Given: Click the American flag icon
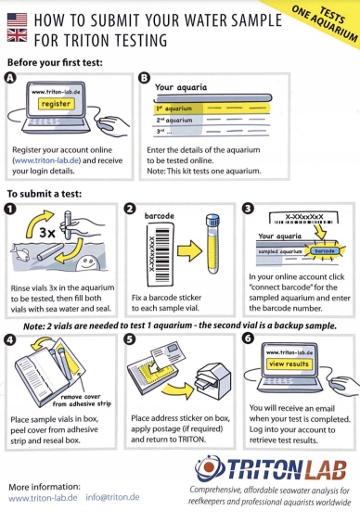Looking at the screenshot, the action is [17, 19].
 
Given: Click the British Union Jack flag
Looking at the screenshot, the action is [17, 35].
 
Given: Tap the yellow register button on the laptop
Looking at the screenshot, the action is [56, 104].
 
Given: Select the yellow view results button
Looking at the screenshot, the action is [289, 364].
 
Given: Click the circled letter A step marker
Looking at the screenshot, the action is [11, 78].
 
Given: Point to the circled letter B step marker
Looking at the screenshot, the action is [144, 78].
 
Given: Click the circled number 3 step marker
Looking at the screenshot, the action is [249, 209].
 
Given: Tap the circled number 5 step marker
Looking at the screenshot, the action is [129, 339].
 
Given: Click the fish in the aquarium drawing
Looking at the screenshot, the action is [20, 252].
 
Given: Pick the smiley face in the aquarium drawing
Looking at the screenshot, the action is [87, 261].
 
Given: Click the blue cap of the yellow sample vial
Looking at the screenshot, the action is [212, 221].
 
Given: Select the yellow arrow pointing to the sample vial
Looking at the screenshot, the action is [189, 250].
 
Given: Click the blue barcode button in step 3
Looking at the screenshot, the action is [325, 250].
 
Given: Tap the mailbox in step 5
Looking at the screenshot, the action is [212, 380].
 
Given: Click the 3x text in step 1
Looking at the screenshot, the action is [47, 232].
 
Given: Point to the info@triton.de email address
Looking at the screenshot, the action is [112, 497].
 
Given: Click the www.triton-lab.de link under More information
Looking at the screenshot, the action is [43, 498].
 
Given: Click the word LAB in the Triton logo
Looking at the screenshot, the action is [326, 469].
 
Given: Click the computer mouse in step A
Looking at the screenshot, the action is [110, 124].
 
